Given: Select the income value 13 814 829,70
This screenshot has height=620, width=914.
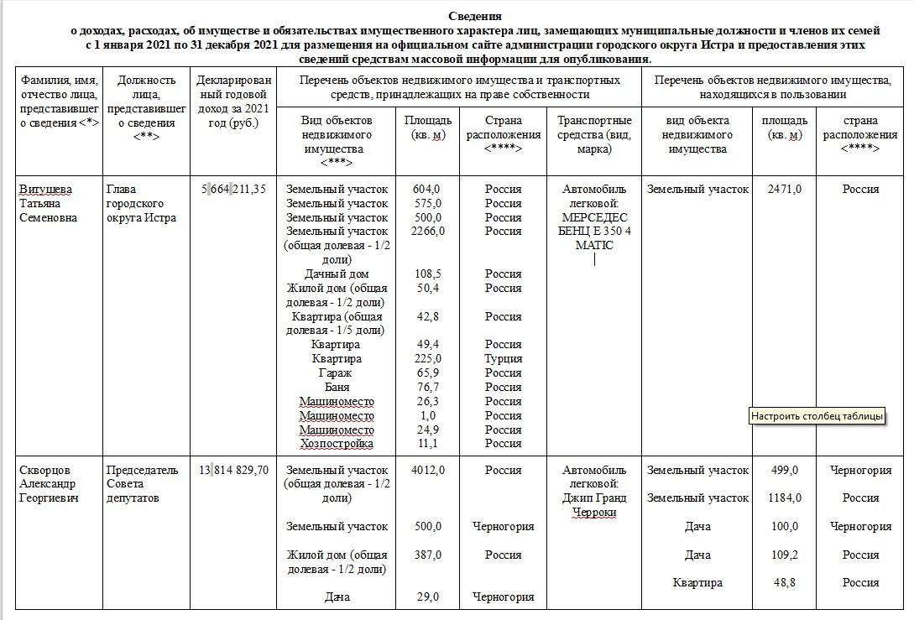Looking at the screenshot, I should click(233, 470).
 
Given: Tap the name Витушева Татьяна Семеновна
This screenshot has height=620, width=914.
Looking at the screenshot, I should click(50, 203).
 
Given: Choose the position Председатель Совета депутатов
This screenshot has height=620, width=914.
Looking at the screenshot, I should click(143, 484).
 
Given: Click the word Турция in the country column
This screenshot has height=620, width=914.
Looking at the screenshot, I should click(503, 358).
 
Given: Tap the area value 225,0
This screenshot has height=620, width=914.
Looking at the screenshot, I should click(427, 358).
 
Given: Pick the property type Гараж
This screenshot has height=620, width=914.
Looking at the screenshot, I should click(336, 373).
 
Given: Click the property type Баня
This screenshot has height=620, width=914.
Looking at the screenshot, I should click(337, 387).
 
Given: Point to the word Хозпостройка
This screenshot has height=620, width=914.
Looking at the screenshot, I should click(337, 443).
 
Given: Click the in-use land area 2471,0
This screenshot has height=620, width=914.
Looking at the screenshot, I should click(785, 189).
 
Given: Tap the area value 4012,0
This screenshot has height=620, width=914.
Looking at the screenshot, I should click(427, 470).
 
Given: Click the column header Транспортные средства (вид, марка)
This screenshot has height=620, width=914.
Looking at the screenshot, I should click(594, 134).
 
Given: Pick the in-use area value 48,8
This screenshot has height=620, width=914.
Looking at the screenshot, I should click(785, 582).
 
